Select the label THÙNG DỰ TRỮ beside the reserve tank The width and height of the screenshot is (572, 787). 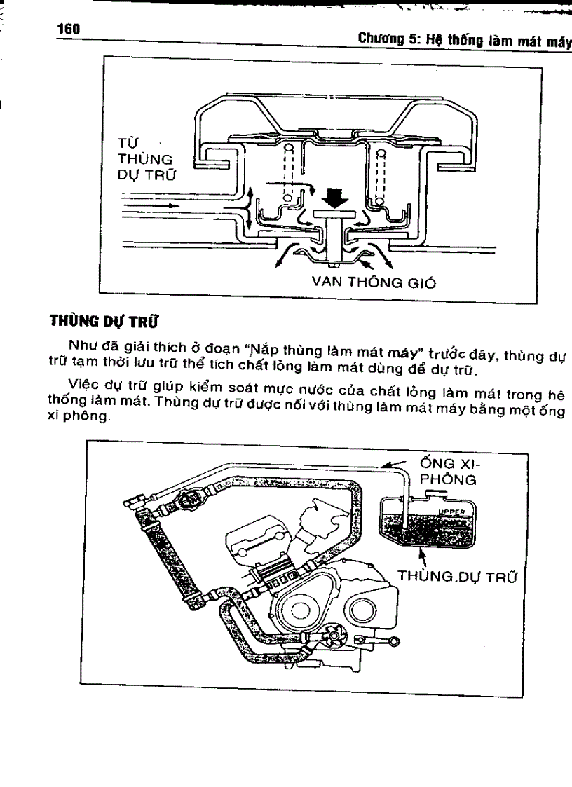[x=457, y=577]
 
